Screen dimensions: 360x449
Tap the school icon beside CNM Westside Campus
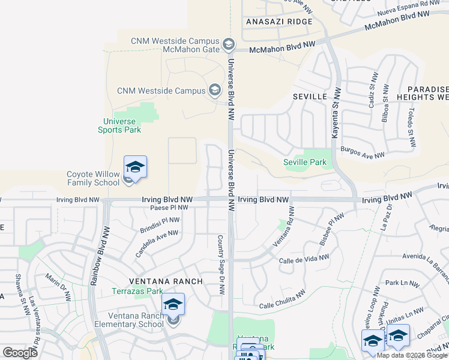pyautogui.click(x=214, y=91)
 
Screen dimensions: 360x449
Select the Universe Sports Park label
pyautogui.click(x=120, y=125)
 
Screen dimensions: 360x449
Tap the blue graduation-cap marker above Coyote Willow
pyautogui.click(x=136, y=167)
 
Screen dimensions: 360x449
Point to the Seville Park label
pyautogui.click(x=304, y=162)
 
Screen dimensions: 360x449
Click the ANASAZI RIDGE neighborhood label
pyautogui.click(x=279, y=22)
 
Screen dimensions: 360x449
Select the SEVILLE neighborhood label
pyautogui.click(x=310, y=96)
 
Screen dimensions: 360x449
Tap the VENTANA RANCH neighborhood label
pyautogui.click(x=158, y=281)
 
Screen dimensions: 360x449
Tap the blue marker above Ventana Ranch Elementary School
pyautogui.click(x=173, y=305)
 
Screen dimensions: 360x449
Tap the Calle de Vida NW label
pyautogui.click(x=304, y=259)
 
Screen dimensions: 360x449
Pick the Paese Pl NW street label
pyautogui.click(x=169, y=208)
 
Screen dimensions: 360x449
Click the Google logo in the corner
pyautogui.click(x=20, y=353)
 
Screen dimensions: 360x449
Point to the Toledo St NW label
pyautogui.click(x=411, y=127)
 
